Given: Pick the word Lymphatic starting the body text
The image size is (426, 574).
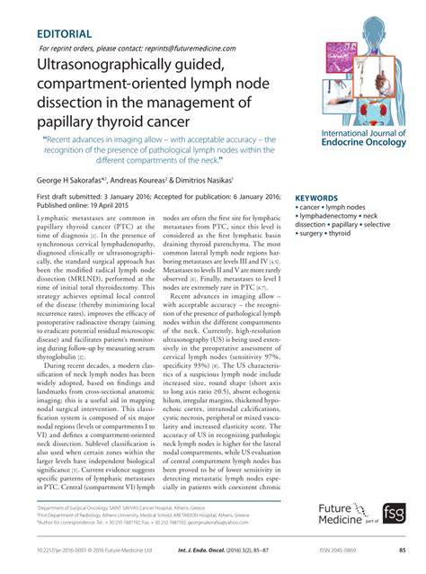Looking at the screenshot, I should click(x=55, y=219).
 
